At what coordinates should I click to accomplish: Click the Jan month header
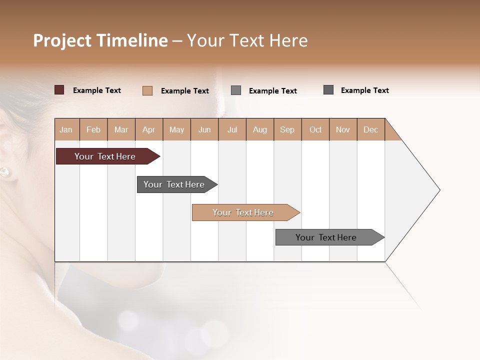click(x=66, y=129)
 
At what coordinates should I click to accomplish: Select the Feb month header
click(x=93, y=129)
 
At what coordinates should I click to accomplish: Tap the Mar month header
click(x=121, y=129)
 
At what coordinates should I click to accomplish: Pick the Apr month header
click(x=149, y=129)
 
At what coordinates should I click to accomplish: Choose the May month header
click(x=176, y=129)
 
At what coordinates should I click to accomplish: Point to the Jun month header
click(x=204, y=129)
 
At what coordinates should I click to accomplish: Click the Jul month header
click(x=232, y=129)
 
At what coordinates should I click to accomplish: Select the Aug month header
click(x=260, y=129)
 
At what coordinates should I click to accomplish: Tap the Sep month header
click(x=287, y=129)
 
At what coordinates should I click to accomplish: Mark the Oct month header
click(x=315, y=129)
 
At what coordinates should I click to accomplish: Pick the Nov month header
click(x=343, y=129)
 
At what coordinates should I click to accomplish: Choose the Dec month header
click(x=371, y=129)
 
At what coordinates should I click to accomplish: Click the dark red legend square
click(x=59, y=90)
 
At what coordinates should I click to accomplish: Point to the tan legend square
click(x=147, y=90)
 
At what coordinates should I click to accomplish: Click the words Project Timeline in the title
click(x=100, y=40)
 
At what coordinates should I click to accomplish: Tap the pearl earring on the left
click(x=4, y=172)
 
